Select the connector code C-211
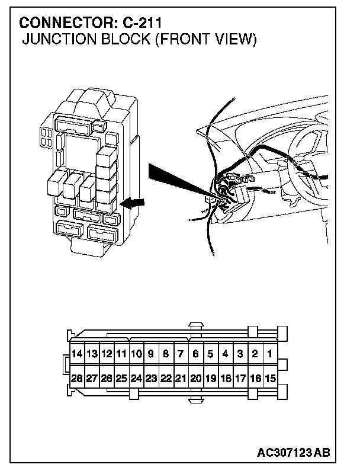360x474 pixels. tap(143, 23)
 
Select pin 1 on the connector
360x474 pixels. tap(269, 354)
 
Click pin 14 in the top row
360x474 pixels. tap(77, 354)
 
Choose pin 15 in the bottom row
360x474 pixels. tap(269, 377)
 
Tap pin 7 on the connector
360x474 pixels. tap(181, 354)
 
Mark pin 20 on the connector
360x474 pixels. tap(195, 377)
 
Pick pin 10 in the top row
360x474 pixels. tap(136, 354)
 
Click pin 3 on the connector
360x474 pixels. tap(240, 354)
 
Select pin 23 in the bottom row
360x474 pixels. tap(151, 377)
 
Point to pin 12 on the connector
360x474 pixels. tap(107, 354)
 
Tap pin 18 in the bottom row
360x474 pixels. tap(225, 377)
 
